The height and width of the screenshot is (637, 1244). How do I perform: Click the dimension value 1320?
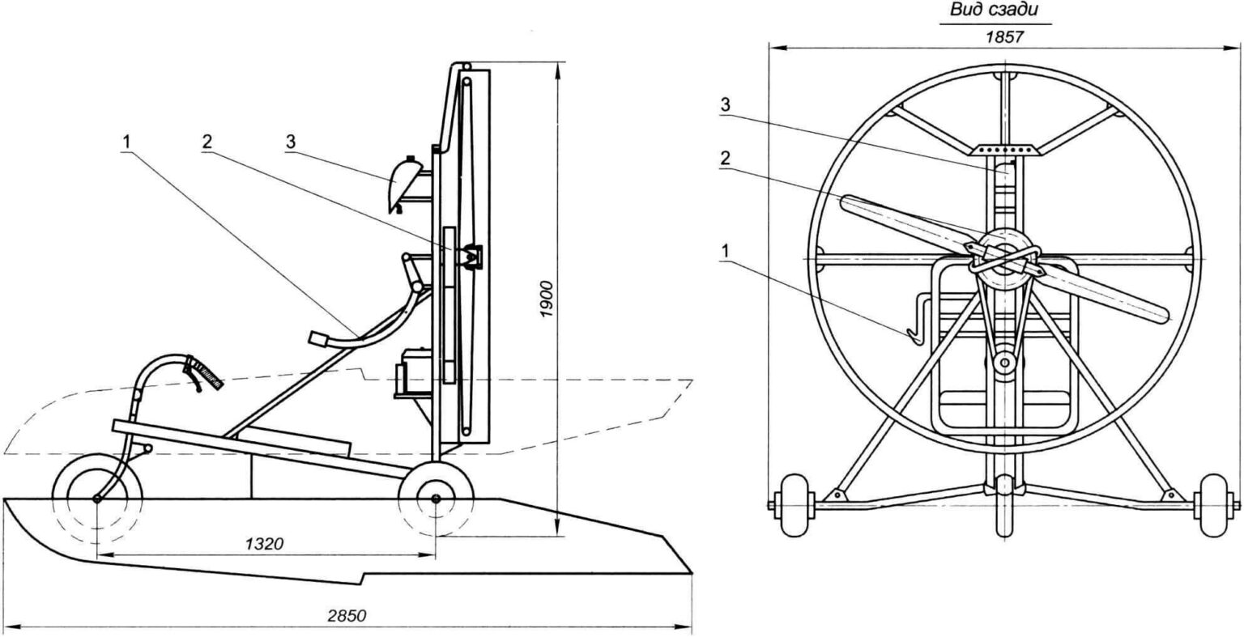coord(264,544)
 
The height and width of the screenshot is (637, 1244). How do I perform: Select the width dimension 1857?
coord(1003,36)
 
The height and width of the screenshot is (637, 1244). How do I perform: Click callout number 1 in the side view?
coord(126,141)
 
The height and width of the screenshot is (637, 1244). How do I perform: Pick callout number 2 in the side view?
coord(207,141)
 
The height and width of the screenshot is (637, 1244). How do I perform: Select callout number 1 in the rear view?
coord(725,252)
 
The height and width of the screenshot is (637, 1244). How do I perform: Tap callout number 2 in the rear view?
coord(725,159)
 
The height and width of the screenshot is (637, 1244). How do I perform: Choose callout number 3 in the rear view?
coord(725,105)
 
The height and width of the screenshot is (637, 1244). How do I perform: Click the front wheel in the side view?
coord(96,498)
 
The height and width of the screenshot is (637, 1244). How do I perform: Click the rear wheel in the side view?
coord(437,498)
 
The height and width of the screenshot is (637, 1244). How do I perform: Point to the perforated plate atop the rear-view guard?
coord(1003,151)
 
